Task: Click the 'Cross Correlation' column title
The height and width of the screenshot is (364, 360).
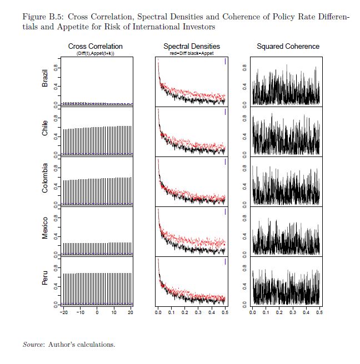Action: coord(95,46)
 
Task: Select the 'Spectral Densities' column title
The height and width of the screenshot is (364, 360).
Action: coord(192,46)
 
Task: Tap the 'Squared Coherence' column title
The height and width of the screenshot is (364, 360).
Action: coord(288,46)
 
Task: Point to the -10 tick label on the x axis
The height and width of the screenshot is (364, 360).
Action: coord(80,313)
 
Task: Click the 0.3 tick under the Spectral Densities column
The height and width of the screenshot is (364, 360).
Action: coord(198,313)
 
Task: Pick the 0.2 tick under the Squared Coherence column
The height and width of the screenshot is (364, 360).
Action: coord(279,313)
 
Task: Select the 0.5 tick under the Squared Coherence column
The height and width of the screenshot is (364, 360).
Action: coord(319,313)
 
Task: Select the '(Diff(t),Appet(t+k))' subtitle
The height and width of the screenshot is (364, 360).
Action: coord(95,53)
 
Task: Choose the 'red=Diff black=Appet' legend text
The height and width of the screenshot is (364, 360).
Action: coord(192,53)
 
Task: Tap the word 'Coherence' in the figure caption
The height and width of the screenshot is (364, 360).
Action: coord(213,17)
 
